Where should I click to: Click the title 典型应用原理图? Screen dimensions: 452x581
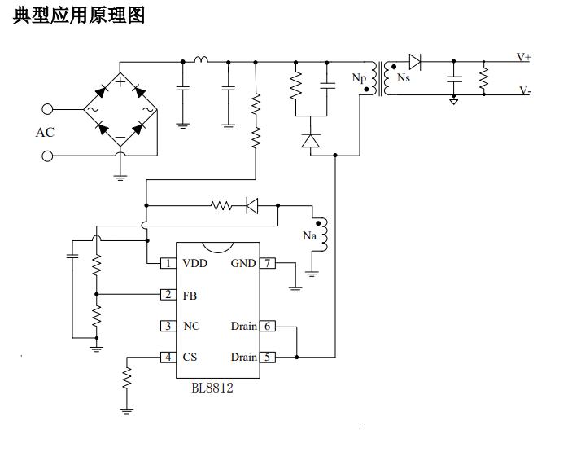pos(79,15)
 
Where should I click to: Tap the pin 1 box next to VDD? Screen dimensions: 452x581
pos(168,263)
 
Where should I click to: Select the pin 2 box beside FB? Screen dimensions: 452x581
pos(168,295)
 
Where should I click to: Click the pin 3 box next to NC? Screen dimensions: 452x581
pos(168,326)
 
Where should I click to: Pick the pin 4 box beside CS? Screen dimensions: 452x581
pos(168,357)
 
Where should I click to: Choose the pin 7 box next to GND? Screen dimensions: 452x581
pos(268,263)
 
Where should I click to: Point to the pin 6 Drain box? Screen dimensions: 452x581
pos(268,326)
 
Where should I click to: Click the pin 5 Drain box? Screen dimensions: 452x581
pos(268,357)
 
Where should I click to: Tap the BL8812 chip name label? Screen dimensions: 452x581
pos(212,388)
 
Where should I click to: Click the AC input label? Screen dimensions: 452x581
pos(45,132)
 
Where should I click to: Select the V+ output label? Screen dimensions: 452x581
pos(524,58)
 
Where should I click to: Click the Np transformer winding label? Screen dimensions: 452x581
pos(359,78)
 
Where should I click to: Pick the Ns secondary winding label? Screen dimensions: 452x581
pos(404,77)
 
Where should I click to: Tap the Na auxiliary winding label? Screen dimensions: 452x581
pos(309,236)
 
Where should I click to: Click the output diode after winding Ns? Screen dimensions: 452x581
pos(414,60)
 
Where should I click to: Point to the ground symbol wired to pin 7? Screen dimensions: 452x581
pos(295,287)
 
